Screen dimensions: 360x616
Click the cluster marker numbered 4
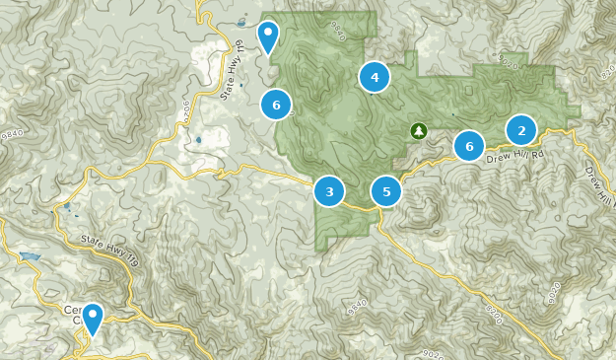[375, 76]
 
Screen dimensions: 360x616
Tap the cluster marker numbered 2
[520, 130]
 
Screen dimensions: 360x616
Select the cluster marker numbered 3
[329, 191]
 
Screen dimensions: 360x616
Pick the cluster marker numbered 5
[387, 191]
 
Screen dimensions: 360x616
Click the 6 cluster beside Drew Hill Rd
[469, 146]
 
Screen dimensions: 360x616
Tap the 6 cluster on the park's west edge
[276, 104]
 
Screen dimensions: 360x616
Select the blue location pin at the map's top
[267, 36]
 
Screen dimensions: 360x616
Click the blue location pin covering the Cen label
[93, 319]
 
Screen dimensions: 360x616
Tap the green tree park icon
[418, 130]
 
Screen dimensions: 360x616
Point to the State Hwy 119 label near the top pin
[233, 70]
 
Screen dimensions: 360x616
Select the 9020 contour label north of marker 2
[509, 63]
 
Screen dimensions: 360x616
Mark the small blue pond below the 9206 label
[198, 139]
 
